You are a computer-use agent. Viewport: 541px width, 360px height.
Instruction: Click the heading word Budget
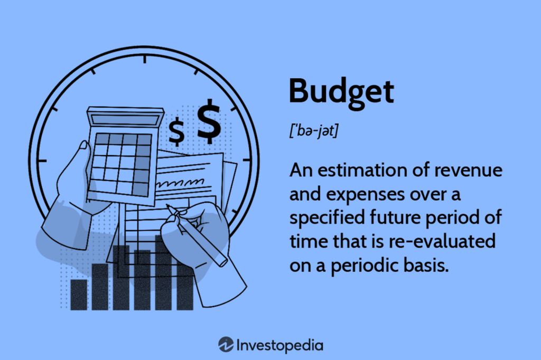point(341,91)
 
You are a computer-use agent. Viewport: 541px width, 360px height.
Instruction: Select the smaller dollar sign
point(176,131)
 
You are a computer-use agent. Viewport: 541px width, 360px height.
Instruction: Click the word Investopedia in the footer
point(279,346)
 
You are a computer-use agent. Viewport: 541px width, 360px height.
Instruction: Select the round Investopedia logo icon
point(226,345)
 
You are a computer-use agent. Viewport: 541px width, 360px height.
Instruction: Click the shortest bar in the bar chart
point(79,295)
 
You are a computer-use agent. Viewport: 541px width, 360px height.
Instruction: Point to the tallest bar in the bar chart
point(163,272)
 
